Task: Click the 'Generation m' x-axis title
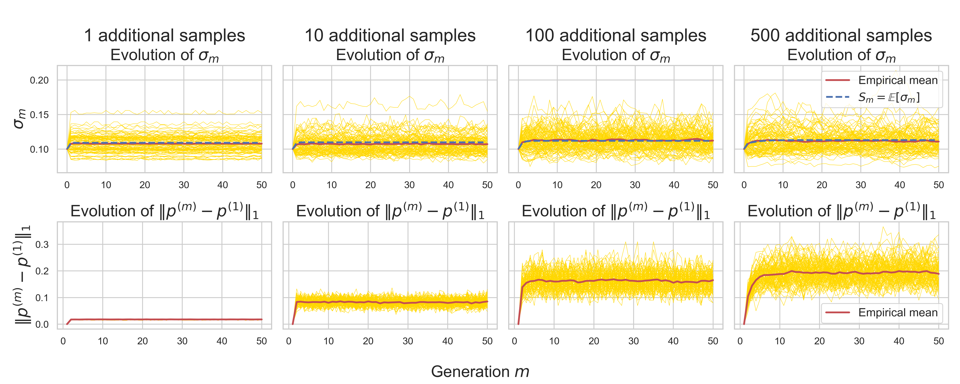coord(480,372)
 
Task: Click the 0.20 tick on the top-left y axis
coord(39,80)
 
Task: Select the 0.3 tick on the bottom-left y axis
coord(42,245)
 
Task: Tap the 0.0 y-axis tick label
coord(42,324)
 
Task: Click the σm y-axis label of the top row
coord(19,119)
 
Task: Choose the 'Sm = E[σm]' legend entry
coord(889,97)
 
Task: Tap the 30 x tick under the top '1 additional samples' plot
coord(184,185)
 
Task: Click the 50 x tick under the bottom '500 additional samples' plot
coord(938,341)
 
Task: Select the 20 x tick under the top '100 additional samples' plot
coord(596,185)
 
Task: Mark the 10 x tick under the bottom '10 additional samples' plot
coord(328,341)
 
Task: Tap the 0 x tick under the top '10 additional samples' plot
coord(292,185)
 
